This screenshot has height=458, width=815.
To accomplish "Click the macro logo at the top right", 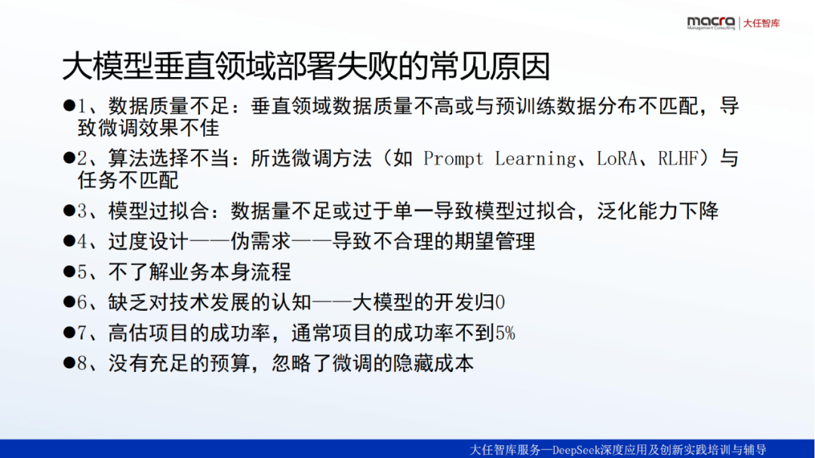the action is click(x=711, y=23).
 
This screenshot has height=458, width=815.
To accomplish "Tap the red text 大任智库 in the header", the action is click(x=761, y=23).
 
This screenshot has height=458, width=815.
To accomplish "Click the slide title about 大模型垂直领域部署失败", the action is click(x=306, y=66).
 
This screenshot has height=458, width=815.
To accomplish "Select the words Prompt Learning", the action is click(x=500, y=158).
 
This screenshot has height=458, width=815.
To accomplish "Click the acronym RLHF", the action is click(x=678, y=158).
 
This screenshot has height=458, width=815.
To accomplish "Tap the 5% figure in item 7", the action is click(x=505, y=333).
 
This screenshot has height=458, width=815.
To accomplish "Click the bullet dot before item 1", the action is click(x=69, y=106).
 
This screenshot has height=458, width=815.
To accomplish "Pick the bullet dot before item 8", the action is click(x=69, y=362).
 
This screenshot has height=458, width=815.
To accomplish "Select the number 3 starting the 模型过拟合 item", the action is click(x=82, y=211).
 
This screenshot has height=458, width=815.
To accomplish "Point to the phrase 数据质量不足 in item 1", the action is click(x=169, y=106).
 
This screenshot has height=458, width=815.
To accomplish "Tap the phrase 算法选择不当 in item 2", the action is click(x=169, y=158).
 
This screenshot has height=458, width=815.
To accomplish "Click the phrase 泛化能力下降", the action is click(x=658, y=211).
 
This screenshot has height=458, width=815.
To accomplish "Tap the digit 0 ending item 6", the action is click(x=500, y=303).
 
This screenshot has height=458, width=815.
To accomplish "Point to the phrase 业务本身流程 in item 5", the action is click(x=230, y=272).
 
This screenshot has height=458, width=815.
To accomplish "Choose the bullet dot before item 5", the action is click(x=69, y=271).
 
